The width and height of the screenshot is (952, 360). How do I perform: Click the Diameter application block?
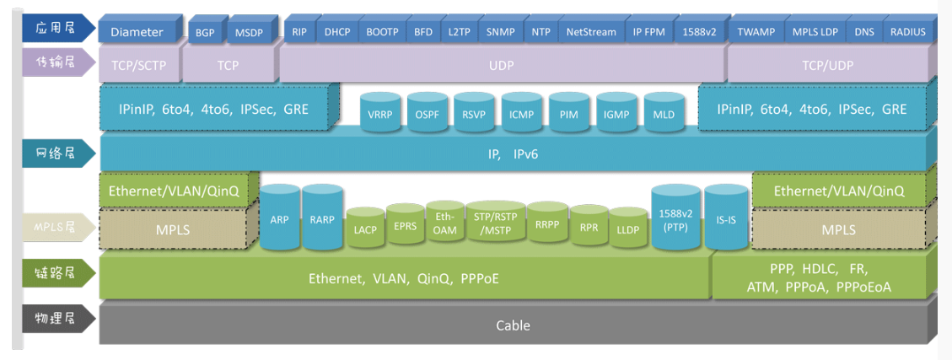pos(137,32)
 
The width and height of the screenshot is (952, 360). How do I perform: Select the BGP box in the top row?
pos(205,32)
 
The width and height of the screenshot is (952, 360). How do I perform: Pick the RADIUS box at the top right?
pos(907,32)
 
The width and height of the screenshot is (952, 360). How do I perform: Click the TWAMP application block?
pos(756,32)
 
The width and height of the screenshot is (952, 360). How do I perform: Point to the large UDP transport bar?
pos(502,64)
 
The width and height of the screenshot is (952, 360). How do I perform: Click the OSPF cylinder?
pos(427,115)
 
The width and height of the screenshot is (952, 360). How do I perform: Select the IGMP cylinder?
pos(616,115)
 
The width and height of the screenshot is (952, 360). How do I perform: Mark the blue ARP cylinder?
pos(279,218)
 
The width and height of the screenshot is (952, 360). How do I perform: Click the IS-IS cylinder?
pos(726,218)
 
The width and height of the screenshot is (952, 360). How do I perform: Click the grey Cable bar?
pos(513,325)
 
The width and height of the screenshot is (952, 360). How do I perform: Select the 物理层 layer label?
pos(55,319)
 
